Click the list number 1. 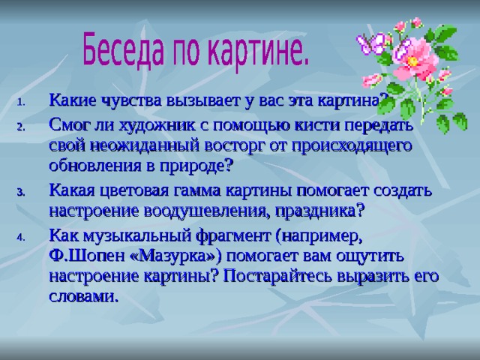21,102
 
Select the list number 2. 21,127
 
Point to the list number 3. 21,193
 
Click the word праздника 319,211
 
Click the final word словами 83,297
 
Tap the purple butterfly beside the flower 371,43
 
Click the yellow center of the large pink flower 412,61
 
